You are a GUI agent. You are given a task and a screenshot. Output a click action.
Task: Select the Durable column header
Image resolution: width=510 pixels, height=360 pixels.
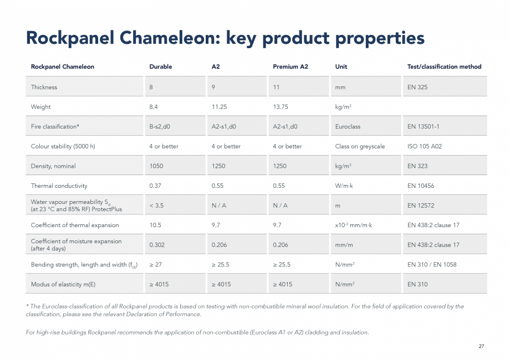click(161, 66)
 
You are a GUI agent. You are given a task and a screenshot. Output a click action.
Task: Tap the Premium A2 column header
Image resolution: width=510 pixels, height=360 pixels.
click(290, 66)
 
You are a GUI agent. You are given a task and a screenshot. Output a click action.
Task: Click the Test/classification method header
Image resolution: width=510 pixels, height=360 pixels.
click(444, 66)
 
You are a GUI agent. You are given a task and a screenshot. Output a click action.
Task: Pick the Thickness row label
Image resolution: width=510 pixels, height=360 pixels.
click(44, 87)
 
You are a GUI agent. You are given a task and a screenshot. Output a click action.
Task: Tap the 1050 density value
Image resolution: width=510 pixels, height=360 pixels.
click(156, 166)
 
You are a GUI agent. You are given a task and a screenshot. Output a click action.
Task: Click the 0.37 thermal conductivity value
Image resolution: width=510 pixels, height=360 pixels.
click(155, 186)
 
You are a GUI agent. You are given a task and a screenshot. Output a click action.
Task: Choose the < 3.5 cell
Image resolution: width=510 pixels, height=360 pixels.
click(156, 205)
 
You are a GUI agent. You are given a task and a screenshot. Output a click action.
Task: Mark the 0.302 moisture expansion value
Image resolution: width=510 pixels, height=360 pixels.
click(157, 245)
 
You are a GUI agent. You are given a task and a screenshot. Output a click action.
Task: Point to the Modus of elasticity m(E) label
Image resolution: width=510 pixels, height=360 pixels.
click(63, 284)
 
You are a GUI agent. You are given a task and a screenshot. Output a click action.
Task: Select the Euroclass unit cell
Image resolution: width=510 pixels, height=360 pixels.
click(348, 126)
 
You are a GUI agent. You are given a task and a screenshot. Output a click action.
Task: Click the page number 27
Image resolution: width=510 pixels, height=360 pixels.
click(481, 346)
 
